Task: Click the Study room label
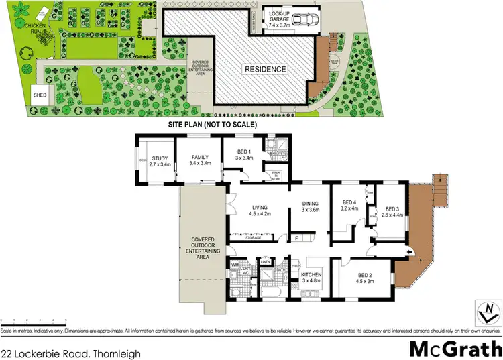coord(160,159)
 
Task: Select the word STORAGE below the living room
coord(254,237)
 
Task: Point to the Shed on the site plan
coord(40,95)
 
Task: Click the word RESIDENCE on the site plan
coord(265,69)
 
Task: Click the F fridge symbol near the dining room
coord(296,237)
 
